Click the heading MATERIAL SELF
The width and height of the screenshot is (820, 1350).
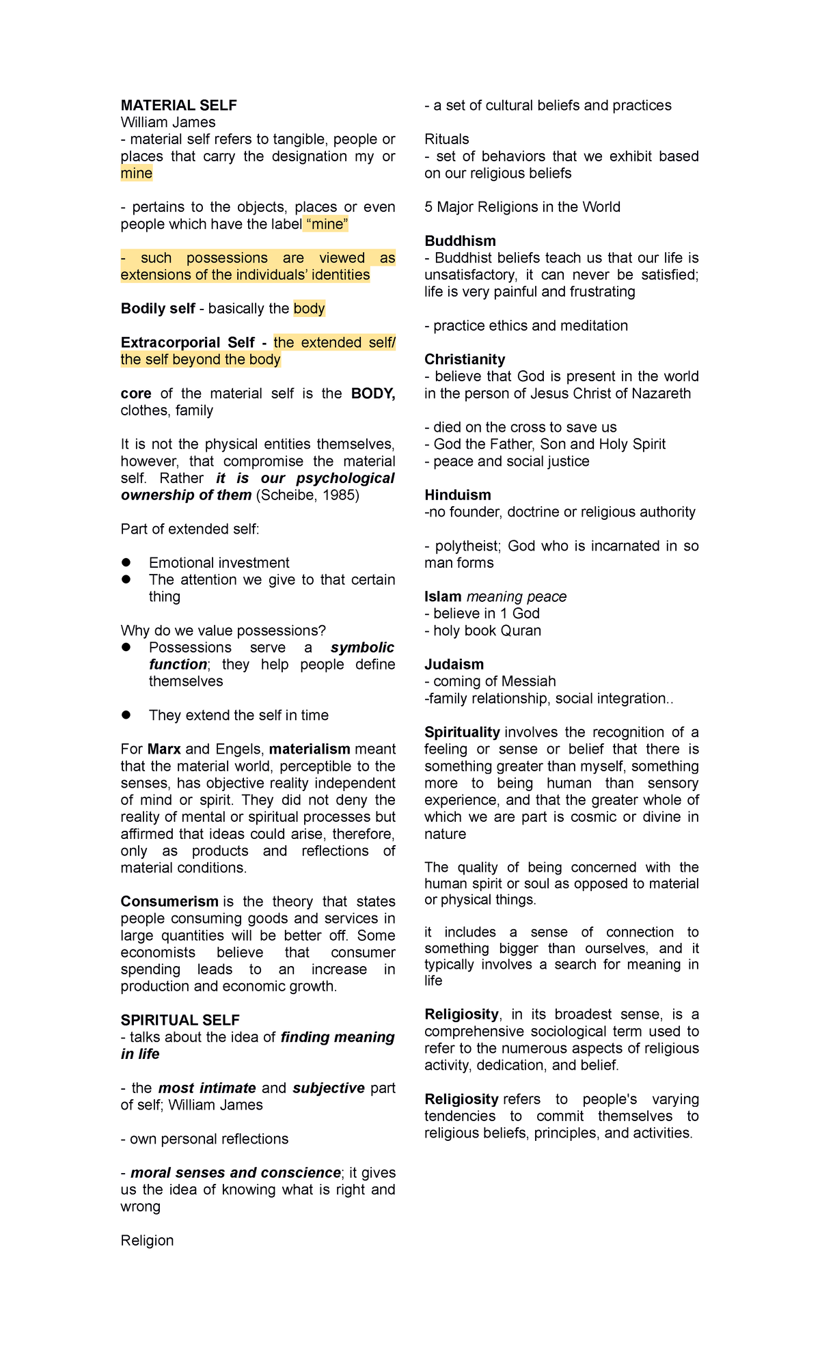tap(178, 105)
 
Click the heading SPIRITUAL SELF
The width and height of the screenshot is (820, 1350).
tap(180, 1020)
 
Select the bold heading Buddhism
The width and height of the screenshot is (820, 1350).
tap(460, 240)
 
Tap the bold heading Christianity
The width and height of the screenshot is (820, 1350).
tap(465, 359)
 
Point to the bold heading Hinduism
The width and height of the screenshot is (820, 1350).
tap(457, 495)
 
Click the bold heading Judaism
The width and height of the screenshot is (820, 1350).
tap(454, 664)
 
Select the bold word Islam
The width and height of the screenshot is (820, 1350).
tap(443, 596)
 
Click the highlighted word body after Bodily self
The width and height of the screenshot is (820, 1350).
tap(309, 309)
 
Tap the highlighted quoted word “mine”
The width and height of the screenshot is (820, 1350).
tap(327, 224)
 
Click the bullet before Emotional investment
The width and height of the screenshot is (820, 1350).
tap(126, 562)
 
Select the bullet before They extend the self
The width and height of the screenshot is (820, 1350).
tap(126, 715)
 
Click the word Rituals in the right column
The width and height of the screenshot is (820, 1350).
tap(446, 139)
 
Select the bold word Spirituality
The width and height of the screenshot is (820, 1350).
tap(462, 732)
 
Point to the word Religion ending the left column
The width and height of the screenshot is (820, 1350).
tap(147, 1240)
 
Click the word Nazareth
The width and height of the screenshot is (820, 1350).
tap(661, 394)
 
